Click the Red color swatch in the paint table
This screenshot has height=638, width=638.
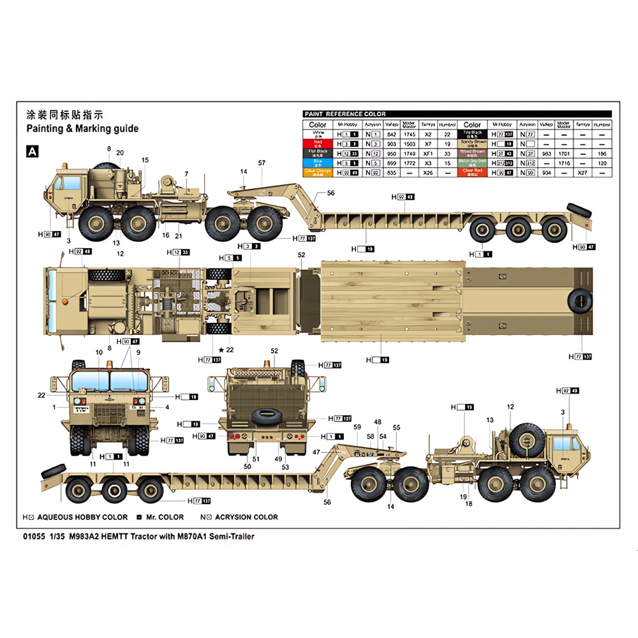[x=317, y=144]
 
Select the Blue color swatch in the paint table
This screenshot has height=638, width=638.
[x=317, y=163]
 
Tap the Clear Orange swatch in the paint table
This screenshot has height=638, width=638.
[x=317, y=173]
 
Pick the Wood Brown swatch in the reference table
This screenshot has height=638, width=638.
[x=472, y=154]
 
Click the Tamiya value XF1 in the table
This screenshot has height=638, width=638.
[x=428, y=154]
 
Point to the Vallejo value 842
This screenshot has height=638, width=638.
[x=393, y=135]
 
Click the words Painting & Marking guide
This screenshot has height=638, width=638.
[x=82, y=128]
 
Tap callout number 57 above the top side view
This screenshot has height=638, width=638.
[x=262, y=163]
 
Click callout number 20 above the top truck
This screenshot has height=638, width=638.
[x=120, y=152]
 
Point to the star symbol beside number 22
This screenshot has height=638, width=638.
[x=221, y=350]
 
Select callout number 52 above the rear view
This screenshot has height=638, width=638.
[x=274, y=351]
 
